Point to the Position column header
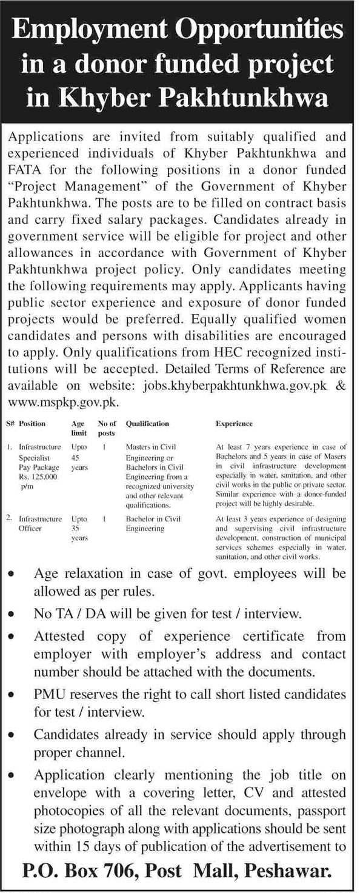(33, 424)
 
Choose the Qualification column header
(147, 424)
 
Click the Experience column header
(234, 424)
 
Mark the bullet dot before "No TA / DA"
(13, 614)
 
